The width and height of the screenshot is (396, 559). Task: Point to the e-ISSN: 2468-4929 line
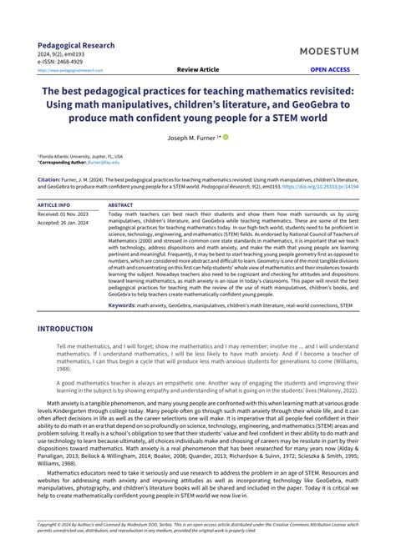(60, 62)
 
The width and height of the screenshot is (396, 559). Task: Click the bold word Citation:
(49, 178)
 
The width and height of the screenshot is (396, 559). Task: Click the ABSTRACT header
(121, 204)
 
